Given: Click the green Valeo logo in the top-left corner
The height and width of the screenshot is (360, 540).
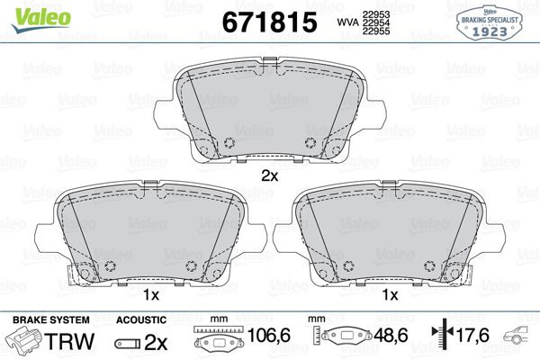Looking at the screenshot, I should click(x=29, y=10).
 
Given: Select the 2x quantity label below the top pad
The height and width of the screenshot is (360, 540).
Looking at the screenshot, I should click(x=269, y=176).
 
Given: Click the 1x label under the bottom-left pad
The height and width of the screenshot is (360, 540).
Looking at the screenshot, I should click(x=150, y=295).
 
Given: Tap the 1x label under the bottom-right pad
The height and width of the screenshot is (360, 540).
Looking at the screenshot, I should click(x=390, y=295).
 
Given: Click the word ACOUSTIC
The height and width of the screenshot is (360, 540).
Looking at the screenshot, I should click(x=141, y=320).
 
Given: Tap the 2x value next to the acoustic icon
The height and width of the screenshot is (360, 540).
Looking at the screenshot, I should click(x=157, y=342).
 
